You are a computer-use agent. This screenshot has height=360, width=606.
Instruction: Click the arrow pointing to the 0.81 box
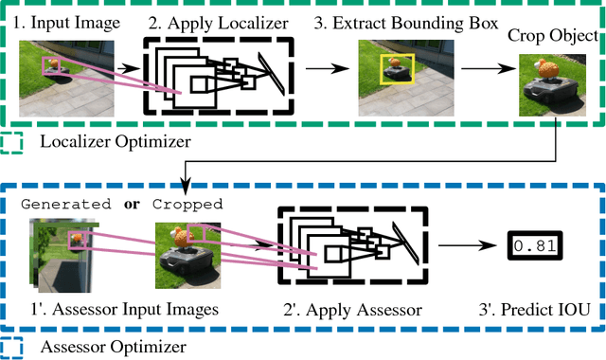[473, 246]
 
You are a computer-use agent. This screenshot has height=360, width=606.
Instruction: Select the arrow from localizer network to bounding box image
[324, 69]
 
